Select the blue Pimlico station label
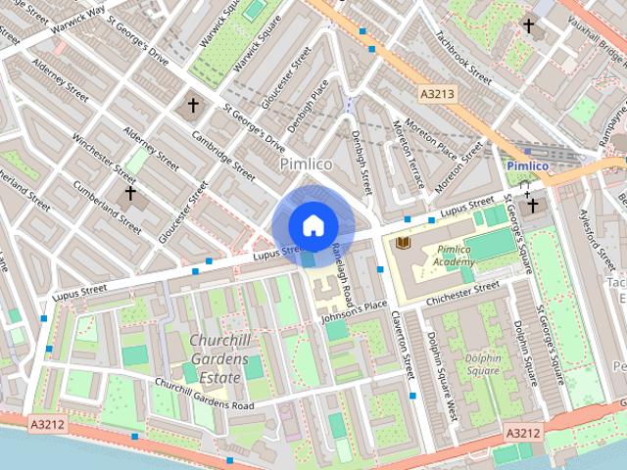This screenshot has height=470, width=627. pos(528,166)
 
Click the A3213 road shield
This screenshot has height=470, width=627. pos(437,94)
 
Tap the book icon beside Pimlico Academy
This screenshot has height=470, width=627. pos(403,241)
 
